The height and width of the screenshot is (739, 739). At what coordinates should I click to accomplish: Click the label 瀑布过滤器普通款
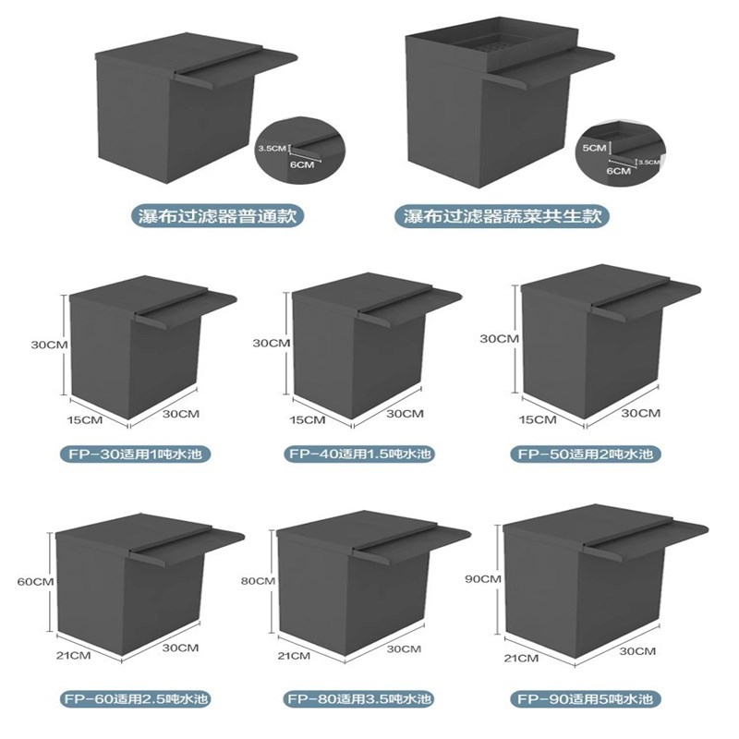[217, 216]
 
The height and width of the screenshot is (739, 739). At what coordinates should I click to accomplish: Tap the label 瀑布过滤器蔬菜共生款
[502, 216]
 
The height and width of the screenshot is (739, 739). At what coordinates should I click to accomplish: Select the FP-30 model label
[135, 454]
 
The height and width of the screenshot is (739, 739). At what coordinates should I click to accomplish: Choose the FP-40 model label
[359, 454]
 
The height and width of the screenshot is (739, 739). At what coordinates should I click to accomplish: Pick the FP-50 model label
[586, 454]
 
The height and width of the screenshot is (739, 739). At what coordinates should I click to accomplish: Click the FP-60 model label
[135, 698]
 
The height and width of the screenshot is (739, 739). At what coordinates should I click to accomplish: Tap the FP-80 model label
[359, 698]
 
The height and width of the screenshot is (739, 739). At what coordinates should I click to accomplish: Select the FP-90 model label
[585, 698]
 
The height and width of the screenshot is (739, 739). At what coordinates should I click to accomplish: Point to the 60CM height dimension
[35, 582]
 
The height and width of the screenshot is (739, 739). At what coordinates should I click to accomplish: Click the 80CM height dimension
[258, 581]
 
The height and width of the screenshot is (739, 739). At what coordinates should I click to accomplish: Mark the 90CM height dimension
[483, 578]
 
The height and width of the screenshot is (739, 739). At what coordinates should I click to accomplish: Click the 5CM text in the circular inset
[594, 148]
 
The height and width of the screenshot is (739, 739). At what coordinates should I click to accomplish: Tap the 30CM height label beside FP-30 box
[50, 345]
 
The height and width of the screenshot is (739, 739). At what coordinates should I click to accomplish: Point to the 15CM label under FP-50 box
[538, 419]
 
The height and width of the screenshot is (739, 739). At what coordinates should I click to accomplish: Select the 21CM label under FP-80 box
[294, 656]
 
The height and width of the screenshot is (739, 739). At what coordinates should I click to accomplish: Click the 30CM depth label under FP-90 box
[637, 651]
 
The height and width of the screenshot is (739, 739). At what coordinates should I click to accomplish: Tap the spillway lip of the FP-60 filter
[188, 545]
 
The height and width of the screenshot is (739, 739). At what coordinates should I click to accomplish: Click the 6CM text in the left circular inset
[302, 164]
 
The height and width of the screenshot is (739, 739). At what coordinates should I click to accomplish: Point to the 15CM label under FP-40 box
[308, 419]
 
